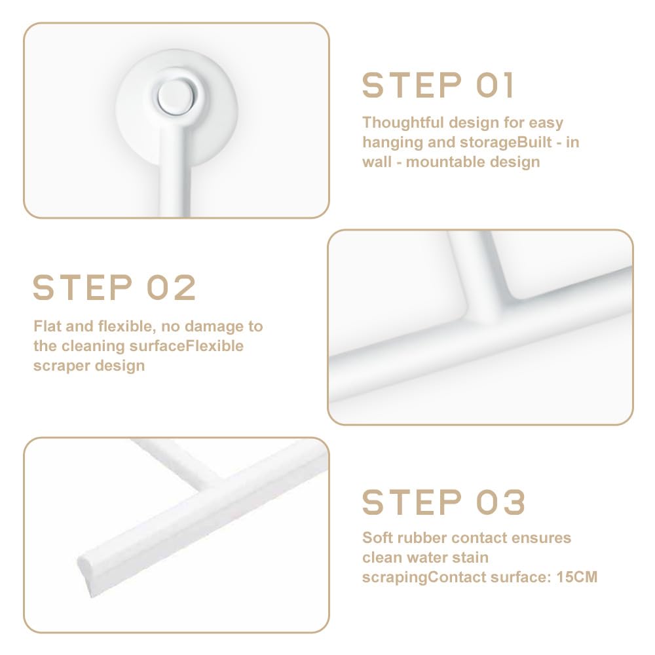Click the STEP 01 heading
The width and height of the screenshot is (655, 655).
click(438, 85)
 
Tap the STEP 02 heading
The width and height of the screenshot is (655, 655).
click(115, 288)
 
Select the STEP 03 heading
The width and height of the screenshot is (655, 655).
click(443, 502)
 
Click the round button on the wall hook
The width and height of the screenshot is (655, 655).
click(176, 96)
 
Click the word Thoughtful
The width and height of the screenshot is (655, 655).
click(403, 122)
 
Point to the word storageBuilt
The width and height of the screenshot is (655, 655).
click(506, 142)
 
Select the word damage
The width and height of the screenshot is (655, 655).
click(214, 326)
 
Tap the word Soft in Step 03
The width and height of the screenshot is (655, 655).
click(377, 538)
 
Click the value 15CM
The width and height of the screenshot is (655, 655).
click(577, 577)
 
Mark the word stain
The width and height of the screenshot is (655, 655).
click(471, 557)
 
